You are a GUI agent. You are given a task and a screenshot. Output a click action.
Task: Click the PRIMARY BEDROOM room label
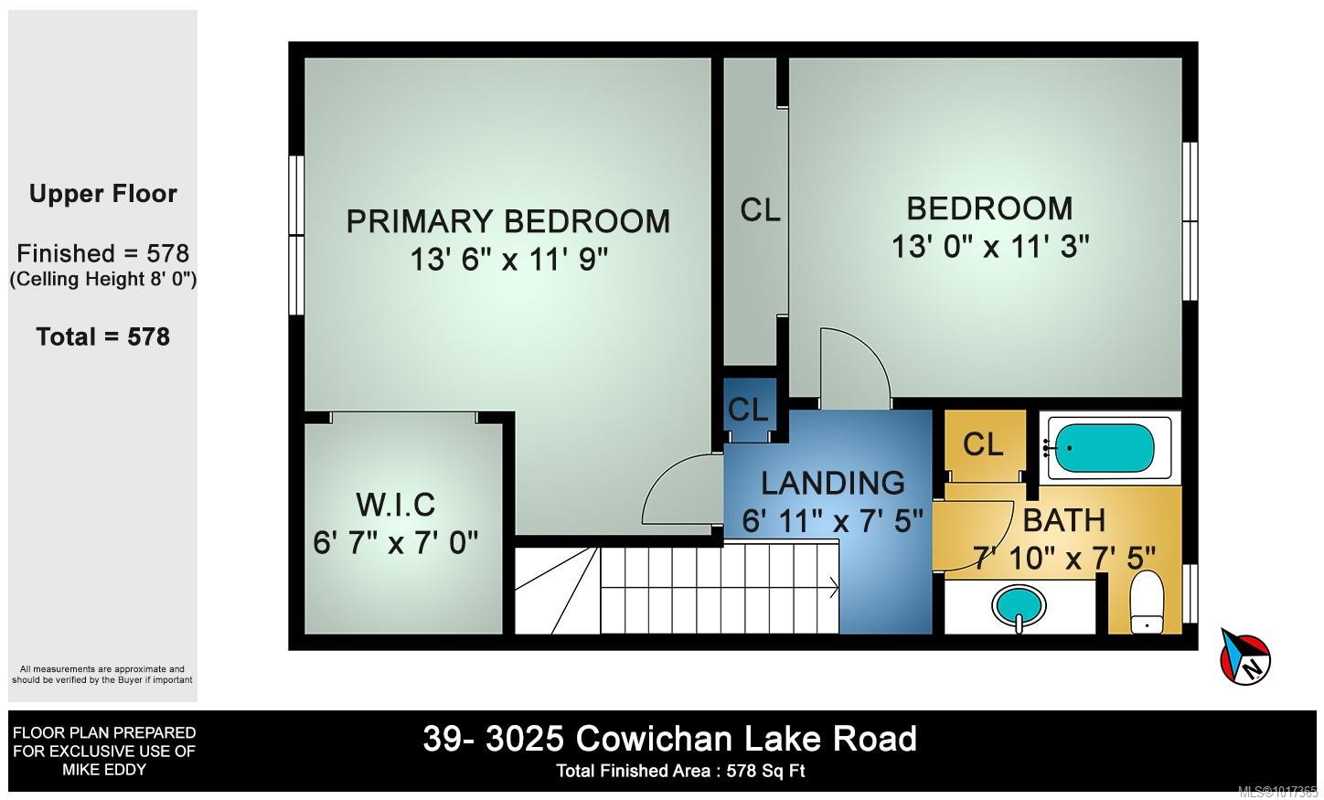[507, 221]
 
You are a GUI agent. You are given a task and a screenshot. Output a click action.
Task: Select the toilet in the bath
[1147, 603]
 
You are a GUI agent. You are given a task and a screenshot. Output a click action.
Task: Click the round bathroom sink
[1020, 607]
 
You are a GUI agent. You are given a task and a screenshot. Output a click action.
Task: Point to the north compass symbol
[1245, 657]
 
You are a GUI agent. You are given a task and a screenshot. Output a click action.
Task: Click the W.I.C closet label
[395, 505]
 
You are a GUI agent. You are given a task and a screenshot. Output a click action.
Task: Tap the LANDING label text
[832, 483]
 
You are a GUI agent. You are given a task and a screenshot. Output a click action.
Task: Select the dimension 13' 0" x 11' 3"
[990, 246]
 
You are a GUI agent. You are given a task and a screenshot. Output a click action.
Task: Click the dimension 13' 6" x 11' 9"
[509, 259]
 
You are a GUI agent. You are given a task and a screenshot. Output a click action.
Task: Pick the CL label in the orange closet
[983, 444]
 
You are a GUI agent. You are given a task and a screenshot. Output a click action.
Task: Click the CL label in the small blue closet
[748, 410]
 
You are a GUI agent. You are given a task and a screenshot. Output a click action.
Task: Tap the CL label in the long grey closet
[760, 209]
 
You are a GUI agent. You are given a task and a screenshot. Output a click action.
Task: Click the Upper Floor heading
[102, 194]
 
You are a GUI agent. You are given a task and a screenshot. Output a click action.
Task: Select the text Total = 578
[102, 336]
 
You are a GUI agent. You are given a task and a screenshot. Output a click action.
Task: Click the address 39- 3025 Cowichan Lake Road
[669, 739]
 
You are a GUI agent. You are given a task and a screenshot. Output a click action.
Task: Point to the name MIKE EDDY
[104, 770]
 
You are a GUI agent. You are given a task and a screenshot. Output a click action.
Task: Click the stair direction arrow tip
[838, 588]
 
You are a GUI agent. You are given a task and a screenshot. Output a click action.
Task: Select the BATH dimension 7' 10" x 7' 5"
[1064, 558]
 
